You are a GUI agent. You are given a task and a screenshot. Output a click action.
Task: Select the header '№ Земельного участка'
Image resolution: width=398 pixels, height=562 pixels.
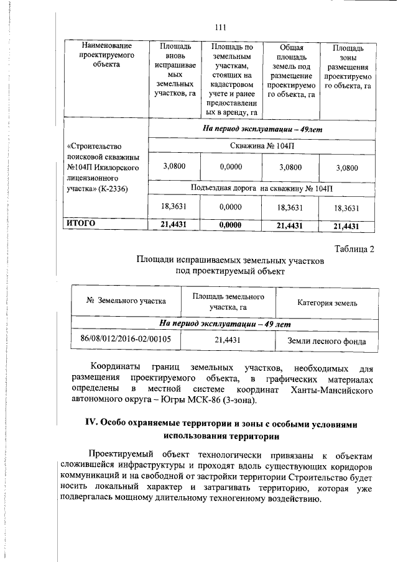point(126,301)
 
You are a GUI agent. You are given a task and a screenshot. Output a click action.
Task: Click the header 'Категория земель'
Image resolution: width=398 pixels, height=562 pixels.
point(326,302)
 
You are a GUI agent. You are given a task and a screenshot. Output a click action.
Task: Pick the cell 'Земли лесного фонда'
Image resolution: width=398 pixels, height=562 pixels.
point(326,341)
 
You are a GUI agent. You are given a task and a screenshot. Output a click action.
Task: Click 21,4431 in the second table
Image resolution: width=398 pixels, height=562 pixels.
point(228,340)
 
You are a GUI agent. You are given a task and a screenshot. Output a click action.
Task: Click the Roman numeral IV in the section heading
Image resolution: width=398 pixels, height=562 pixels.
point(90,422)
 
